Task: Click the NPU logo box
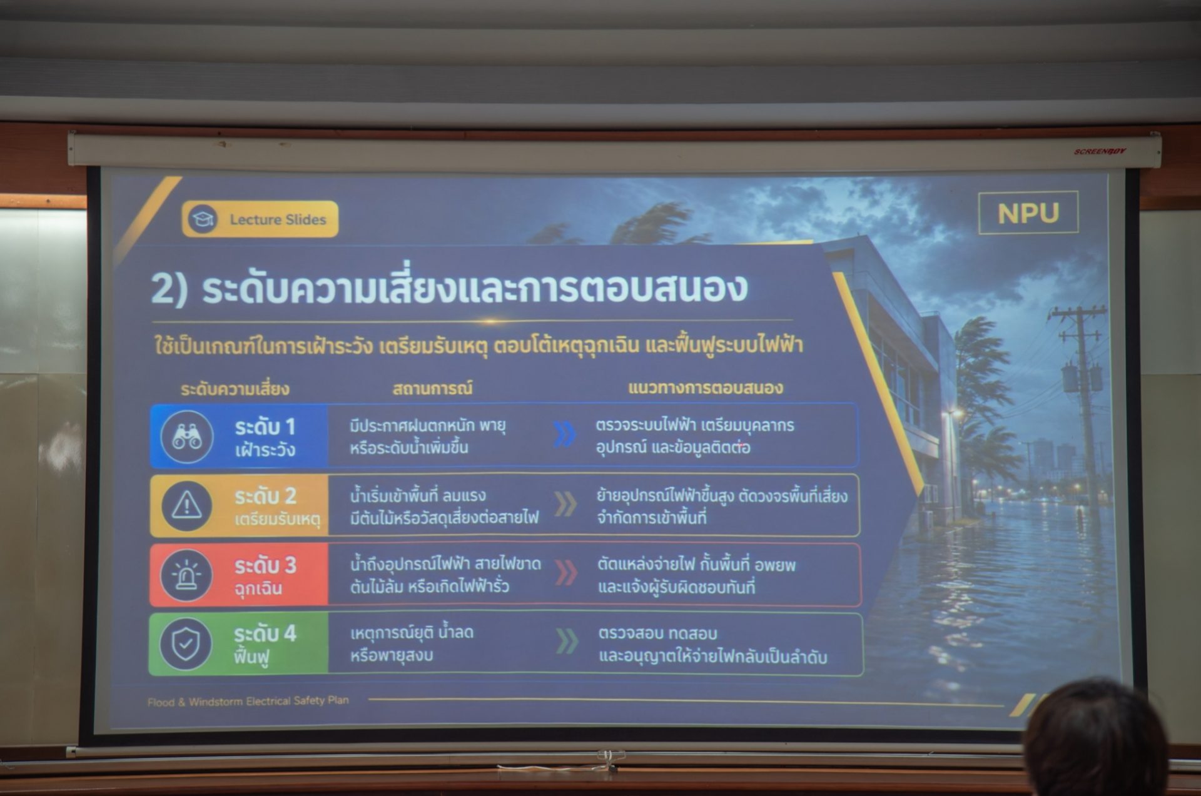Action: [1028, 213]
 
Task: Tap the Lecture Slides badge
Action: [260, 219]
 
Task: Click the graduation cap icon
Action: [203, 219]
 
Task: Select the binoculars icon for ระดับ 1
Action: [186, 436]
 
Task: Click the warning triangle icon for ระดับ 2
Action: [186, 505]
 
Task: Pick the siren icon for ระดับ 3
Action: [186, 575]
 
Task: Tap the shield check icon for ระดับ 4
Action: [186, 644]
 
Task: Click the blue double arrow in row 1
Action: [564, 435]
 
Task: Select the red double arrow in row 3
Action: [566, 573]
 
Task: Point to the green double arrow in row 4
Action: [567, 642]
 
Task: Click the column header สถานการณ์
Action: [432, 388]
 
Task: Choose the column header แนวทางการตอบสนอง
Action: [705, 388]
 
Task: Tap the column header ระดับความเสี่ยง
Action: [235, 389]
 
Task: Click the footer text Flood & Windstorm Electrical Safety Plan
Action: [248, 701]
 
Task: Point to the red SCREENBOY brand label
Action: [1100, 151]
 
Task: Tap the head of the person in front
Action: [1096, 738]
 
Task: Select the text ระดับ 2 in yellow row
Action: [265, 496]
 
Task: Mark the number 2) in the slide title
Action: [169, 289]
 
